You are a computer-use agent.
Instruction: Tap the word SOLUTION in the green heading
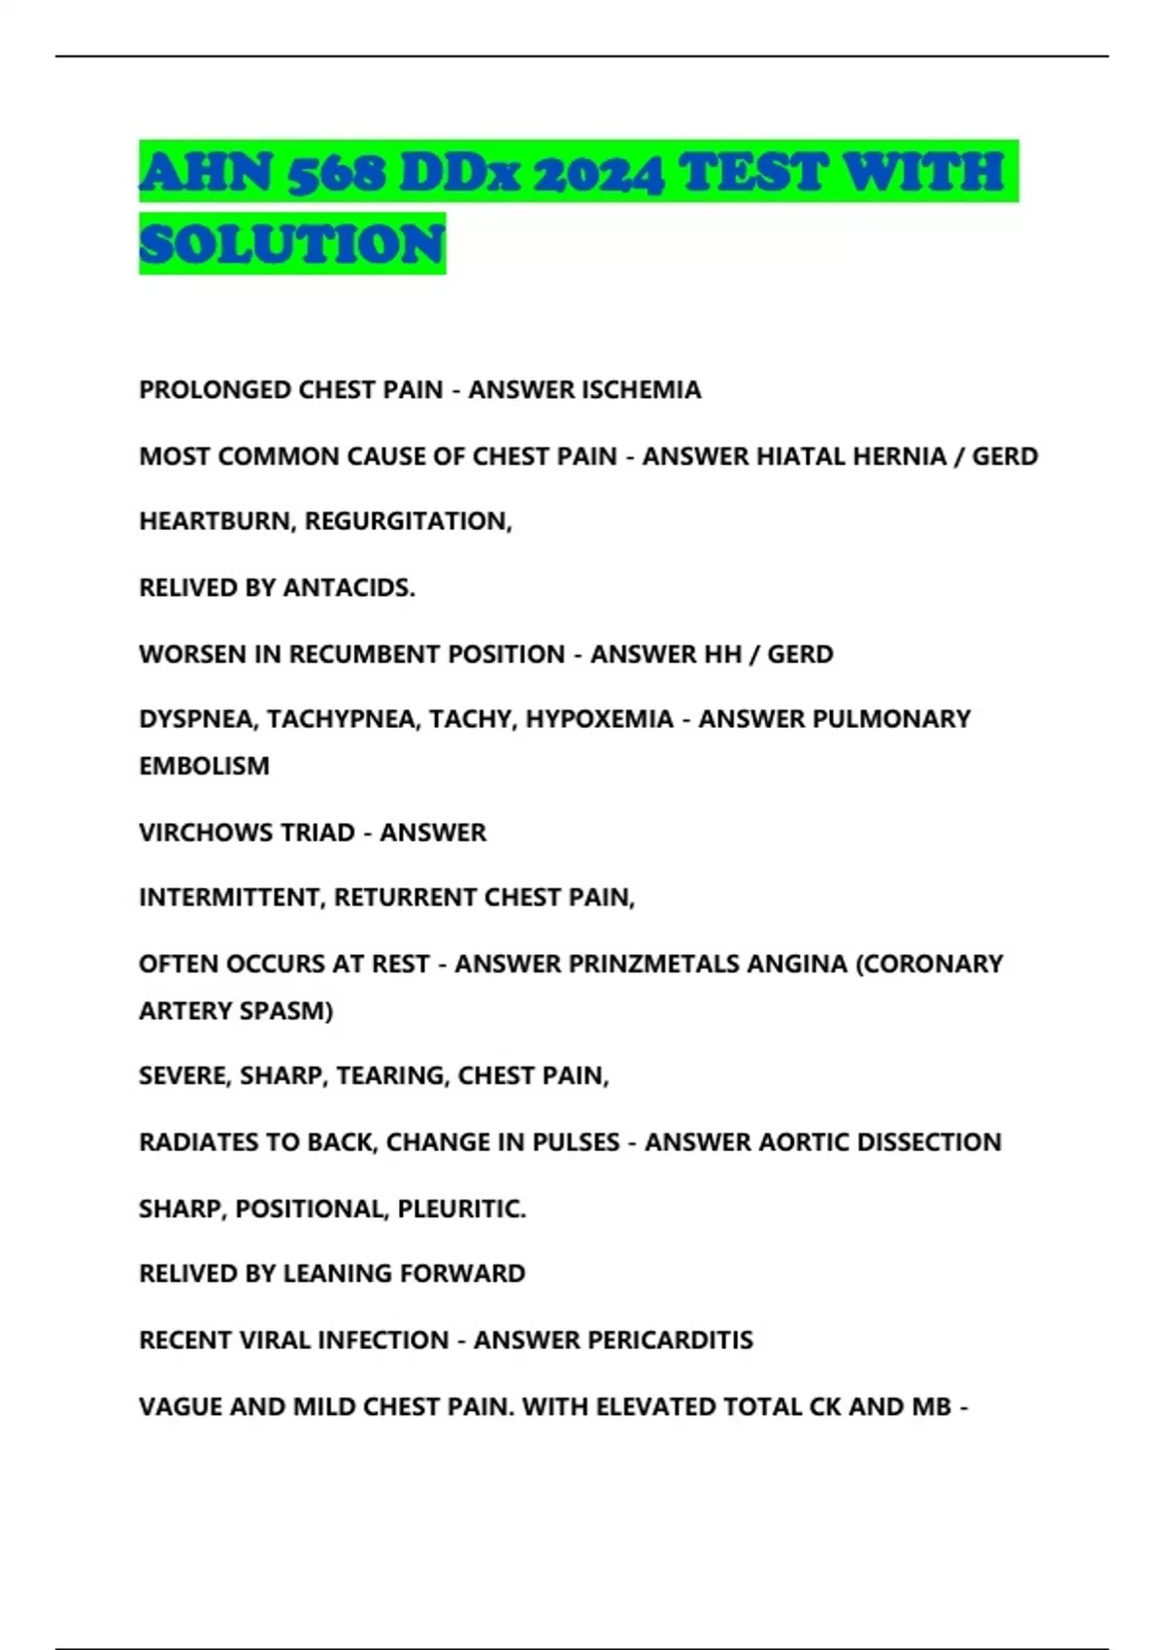point(292,244)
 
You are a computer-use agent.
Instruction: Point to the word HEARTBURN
point(217,521)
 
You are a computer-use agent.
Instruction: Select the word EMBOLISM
point(204,765)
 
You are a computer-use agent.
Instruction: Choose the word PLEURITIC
point(461,1208)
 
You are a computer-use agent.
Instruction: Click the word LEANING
point(337,1272)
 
